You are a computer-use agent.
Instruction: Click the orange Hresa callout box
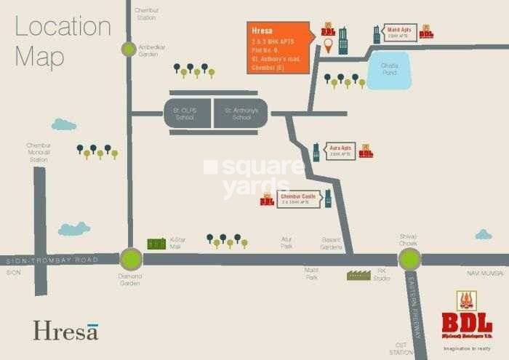[279, 47]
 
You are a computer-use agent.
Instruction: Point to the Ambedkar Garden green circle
[129, 49]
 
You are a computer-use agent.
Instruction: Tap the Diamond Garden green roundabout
[131, 258]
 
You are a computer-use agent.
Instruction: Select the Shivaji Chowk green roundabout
[409, 258]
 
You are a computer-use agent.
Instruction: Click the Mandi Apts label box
[399, 33]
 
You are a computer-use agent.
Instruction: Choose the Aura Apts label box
[340, 151]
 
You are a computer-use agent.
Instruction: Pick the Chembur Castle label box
[298, 199]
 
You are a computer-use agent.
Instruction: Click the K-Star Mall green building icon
[156, 244]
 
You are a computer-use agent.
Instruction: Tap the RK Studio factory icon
[358, 275]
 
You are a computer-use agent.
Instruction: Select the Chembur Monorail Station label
[39, 152]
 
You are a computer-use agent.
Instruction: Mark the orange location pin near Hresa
[329, 46]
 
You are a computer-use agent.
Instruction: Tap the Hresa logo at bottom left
[65, 330]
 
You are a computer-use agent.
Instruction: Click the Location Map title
[63, 41]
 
